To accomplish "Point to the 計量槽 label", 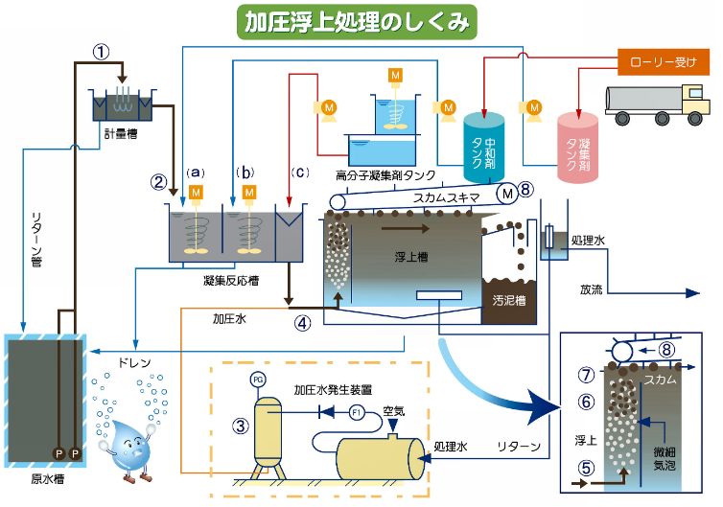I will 120,133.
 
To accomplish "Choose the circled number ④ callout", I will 304,322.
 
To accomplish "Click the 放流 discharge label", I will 592,288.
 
